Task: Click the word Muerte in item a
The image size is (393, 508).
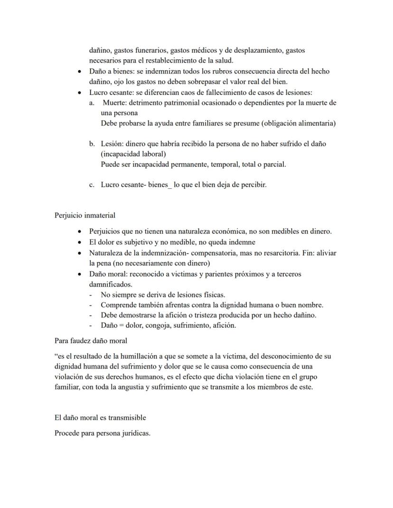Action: point(114,102)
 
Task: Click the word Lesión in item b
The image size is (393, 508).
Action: point(112,144)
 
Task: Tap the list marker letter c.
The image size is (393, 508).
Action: point(91,185)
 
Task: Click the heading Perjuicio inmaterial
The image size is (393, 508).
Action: point(85,215)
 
